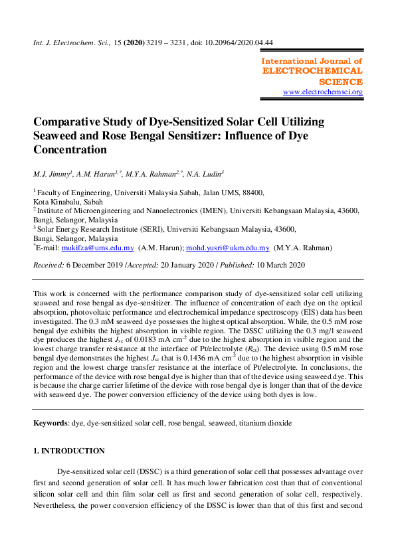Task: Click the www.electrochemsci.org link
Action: pyautogui.click(x=323, y=92)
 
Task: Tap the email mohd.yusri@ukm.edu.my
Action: pyautogui.click(x=228, y=248)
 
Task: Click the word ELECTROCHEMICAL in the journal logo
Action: pyautogui.click(x=313, y=70)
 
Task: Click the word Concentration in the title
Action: pyautogui.click(x=71, y=150)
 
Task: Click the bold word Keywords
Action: pyautogui.click(x=51, y=422)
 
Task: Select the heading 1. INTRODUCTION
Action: pyautogui.click(x=68, y=451)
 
